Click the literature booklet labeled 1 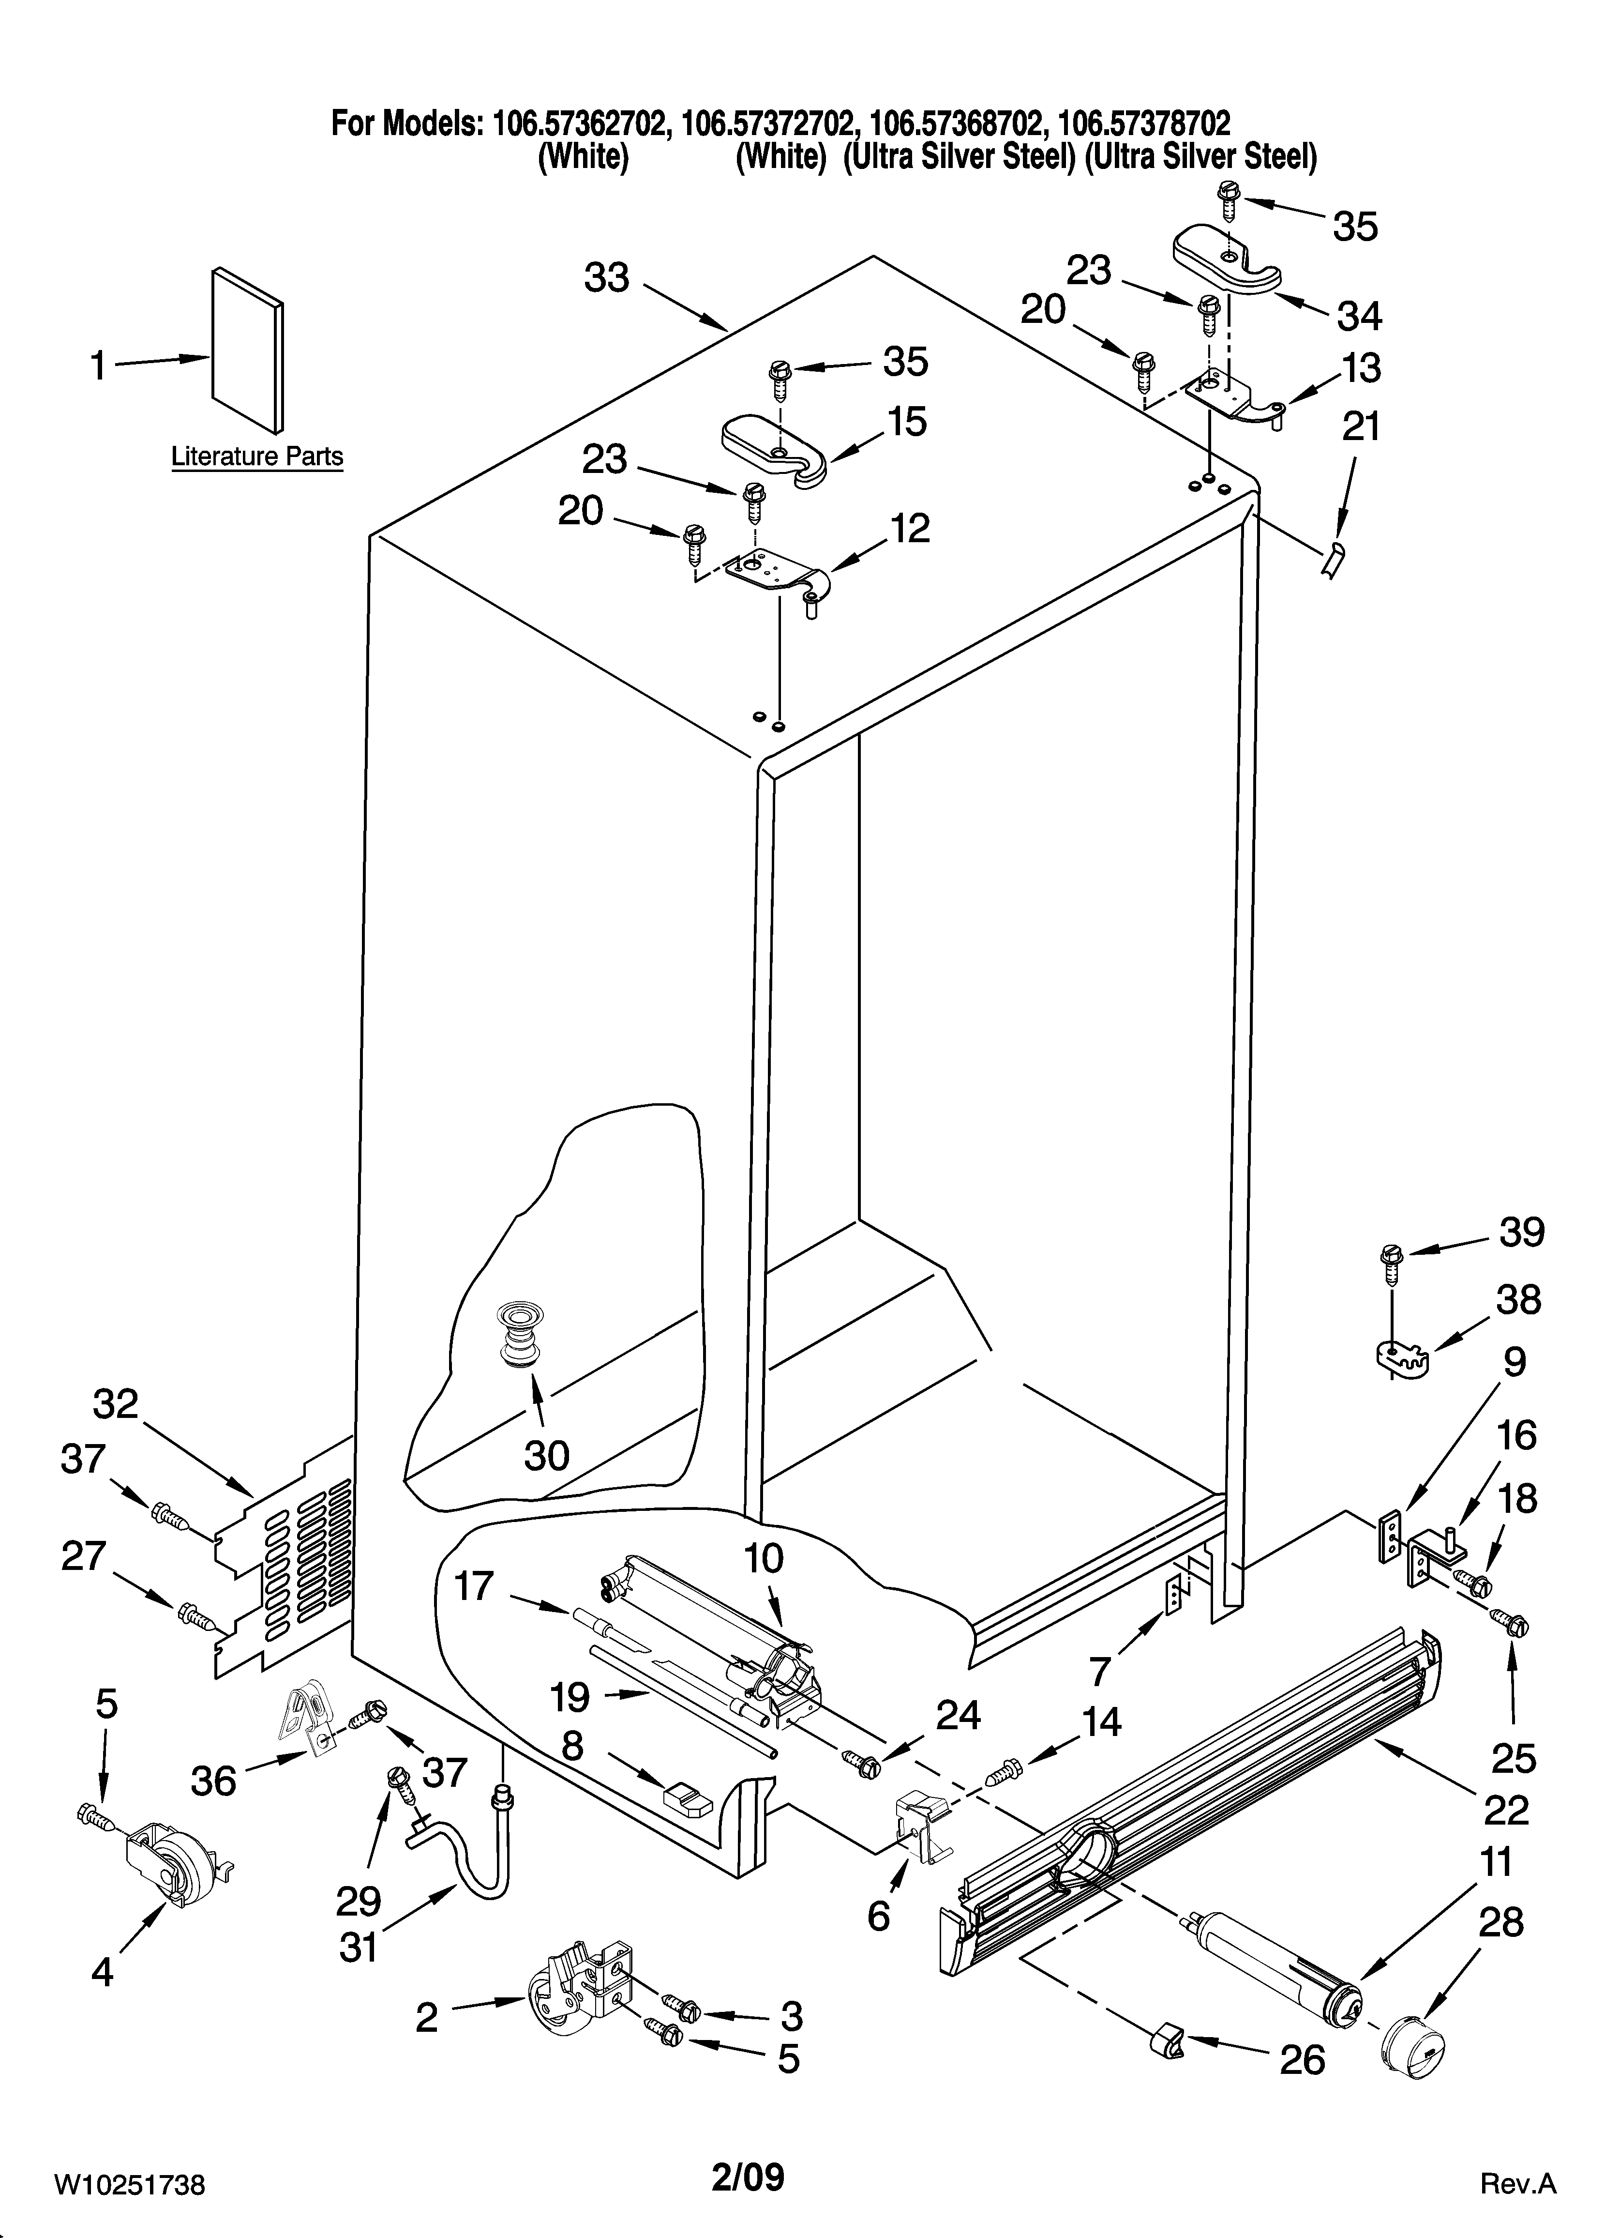(x=247, y=350)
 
